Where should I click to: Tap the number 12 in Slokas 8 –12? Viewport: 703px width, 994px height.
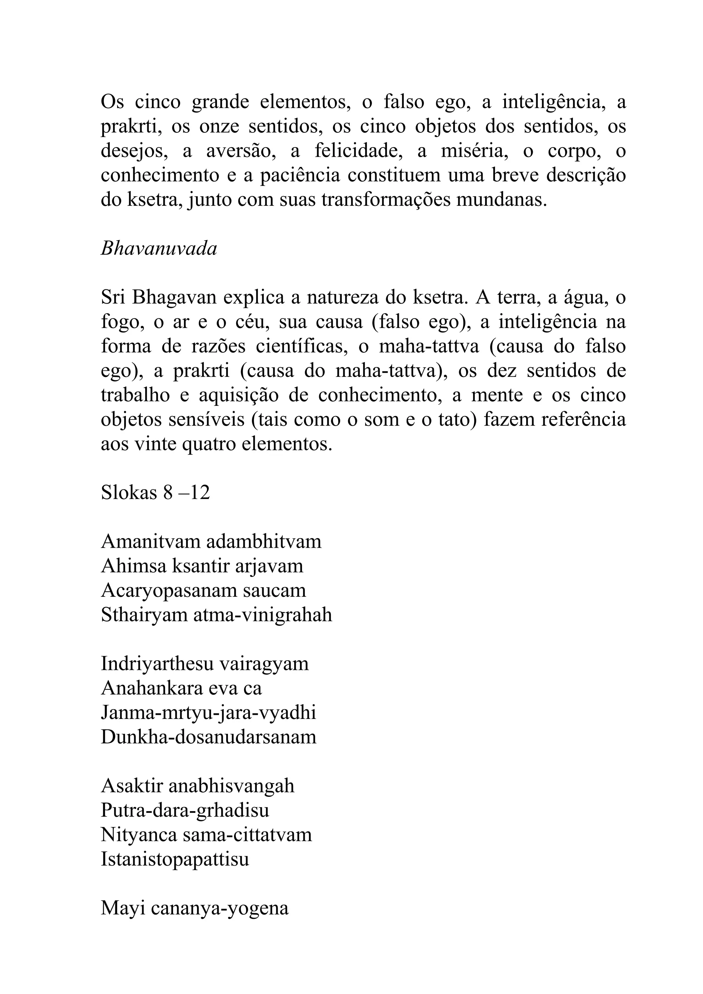pyautogui.click(x=200, y=493)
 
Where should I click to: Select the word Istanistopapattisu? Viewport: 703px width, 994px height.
pyautogui.click(x=175, y=859)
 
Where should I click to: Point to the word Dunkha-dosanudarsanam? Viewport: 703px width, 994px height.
pyautogui.click(x=208, y=737)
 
